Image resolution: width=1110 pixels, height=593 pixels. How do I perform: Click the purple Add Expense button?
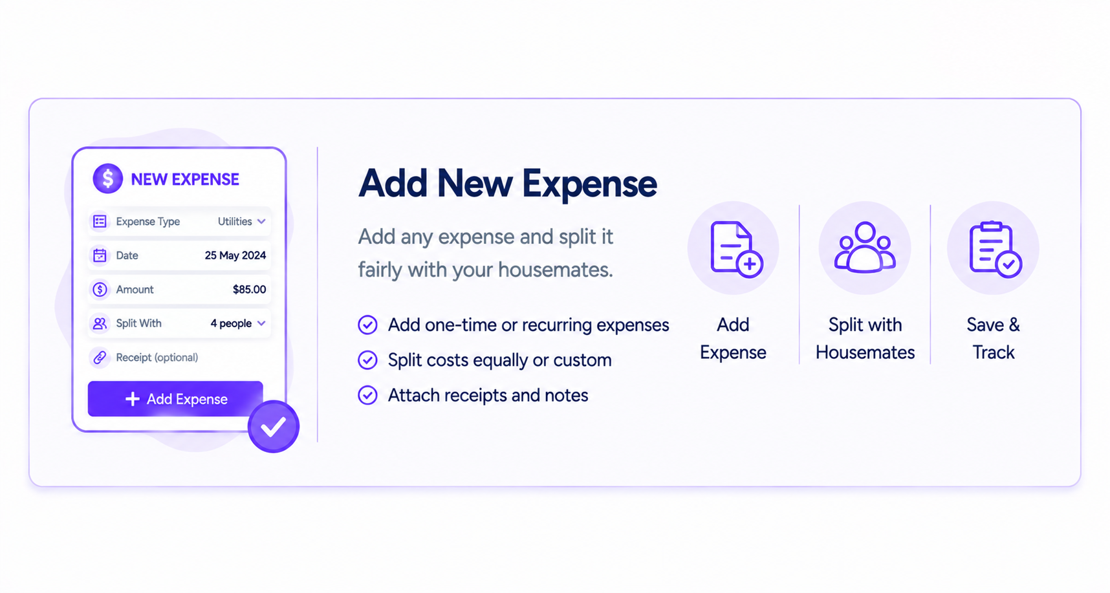pos(175,398)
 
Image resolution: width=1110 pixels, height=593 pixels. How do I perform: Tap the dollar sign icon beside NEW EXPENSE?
pos(107,178)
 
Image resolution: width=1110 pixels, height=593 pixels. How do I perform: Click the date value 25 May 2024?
pos(235,255)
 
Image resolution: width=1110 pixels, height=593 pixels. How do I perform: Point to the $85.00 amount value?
pos(249,289)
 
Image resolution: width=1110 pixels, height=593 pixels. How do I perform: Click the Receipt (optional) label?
pos(157,357)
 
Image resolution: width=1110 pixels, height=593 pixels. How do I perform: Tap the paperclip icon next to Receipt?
pos(100,357)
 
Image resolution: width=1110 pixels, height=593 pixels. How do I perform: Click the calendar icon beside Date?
pos(100,255)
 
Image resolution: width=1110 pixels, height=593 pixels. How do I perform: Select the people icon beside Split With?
pos(100,323)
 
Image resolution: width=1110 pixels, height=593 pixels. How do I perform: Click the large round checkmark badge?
pos(273,426)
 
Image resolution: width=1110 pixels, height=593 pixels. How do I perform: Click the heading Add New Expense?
pos(508,183)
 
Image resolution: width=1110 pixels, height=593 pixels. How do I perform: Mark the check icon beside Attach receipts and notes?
pos(367,395)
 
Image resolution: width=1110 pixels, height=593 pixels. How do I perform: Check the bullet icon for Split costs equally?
pos(367,360)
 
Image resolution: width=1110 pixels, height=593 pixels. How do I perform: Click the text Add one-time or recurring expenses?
pos(528,325)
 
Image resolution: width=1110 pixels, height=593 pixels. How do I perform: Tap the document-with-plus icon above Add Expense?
pos(735,249)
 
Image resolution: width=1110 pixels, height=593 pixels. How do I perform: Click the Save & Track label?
pos(994,338)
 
